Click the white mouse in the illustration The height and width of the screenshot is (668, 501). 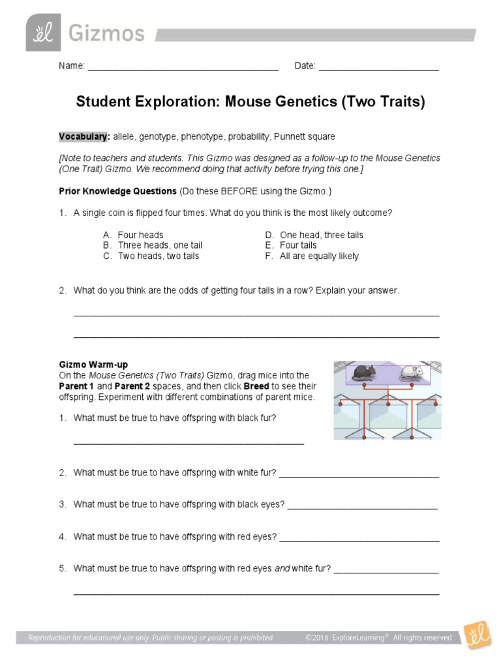411,372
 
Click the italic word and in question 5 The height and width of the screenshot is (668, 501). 282,569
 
